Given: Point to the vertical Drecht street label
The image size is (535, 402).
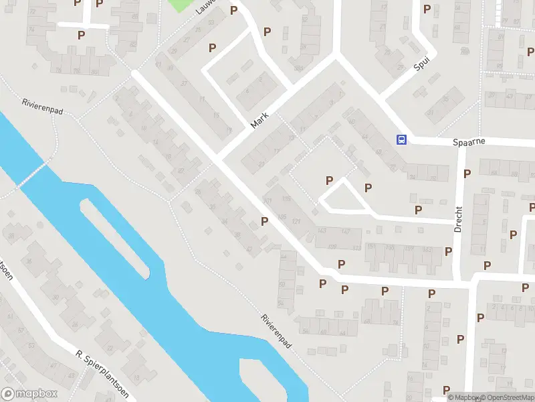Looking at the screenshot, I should tap(458, 218).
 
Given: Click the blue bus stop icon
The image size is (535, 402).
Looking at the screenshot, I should tap(402, 139).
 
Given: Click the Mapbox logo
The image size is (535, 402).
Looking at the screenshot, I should tap(29, 394).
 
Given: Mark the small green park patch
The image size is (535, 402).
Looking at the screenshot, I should tap(179, 5).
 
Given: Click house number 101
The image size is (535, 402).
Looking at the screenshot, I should tap(268, 200).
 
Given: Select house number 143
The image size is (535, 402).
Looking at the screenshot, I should tap(323, 231).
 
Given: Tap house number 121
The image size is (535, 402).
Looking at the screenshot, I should tap(295, 222).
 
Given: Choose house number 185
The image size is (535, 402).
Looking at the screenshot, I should tap(282, 217).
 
